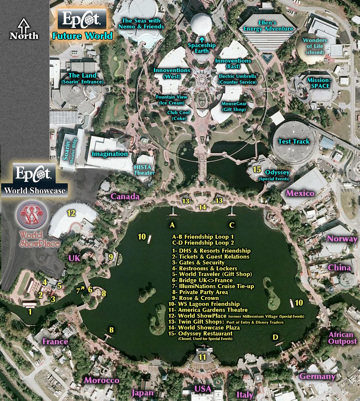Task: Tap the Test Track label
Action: tap(294, 141)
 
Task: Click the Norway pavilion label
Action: tap(342, 239)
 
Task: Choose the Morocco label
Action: tap(102, 380)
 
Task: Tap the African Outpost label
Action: tap(342, 338)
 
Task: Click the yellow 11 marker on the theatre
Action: tap(202, 357)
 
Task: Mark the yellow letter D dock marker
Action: tap(275, 337)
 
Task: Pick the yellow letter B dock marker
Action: tap(111, 329)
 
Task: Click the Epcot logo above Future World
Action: tap(82, 19)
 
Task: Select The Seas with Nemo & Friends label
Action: tap(143, 24)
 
